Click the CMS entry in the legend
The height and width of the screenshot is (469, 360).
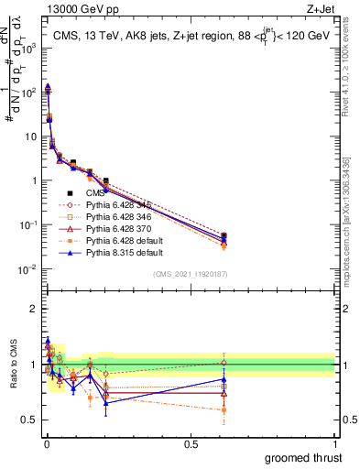click(94, 193)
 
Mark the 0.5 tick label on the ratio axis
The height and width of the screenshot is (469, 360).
click(27, 420)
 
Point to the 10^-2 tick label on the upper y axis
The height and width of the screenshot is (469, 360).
click(25, 269)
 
